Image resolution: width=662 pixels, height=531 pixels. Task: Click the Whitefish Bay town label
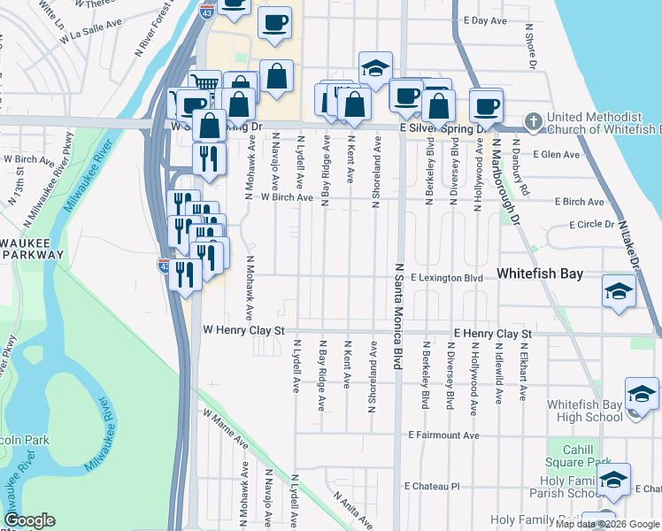540,273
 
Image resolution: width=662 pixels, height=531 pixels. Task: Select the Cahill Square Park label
580,455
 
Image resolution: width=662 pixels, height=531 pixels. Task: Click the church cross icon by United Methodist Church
533,120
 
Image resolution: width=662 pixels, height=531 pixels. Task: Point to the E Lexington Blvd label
447,278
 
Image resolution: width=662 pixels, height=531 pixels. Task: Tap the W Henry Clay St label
242,329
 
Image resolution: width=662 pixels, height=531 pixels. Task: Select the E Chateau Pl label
433,487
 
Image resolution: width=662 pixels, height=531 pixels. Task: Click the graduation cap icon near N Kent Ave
375,67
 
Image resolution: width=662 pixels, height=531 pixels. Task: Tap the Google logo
29,520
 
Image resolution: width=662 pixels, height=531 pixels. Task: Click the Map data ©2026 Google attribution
608,524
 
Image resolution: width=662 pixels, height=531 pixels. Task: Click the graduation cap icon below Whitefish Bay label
619,290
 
